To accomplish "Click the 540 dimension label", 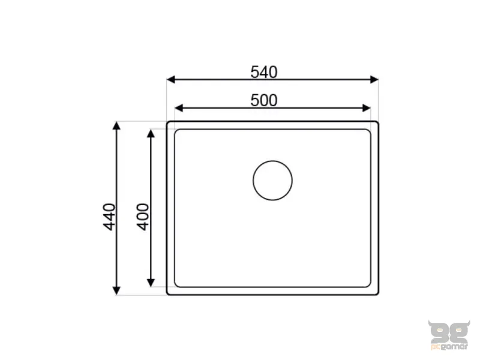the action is tap(264, 72).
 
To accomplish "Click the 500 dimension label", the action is tap(264, 100).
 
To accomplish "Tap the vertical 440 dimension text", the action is tap(109, 217).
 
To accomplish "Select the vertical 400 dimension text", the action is tap(143, 217).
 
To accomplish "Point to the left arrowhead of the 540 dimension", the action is tap(171, 80).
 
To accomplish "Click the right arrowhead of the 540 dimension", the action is tap(374, 80).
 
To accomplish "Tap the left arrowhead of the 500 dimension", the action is tap(179, 108).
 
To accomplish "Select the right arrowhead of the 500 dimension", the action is tap(367, 108).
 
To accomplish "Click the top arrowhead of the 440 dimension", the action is tap(116, 125).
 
